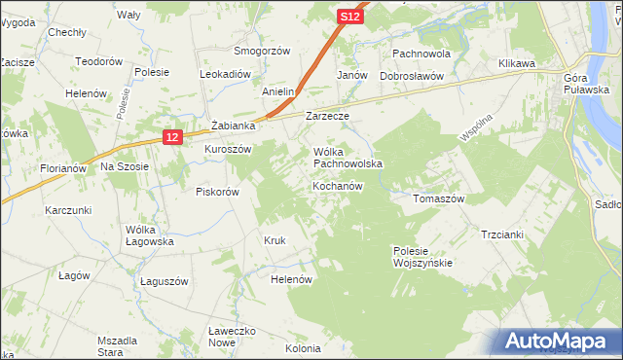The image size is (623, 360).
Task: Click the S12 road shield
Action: [x=350, y=17]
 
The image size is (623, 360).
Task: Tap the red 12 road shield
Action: [x=171, y=138]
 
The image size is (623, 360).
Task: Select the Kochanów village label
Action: [x=338, y=186]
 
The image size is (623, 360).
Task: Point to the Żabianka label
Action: [x=233, y=126]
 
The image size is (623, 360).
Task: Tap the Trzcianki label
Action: [x=502, y=234]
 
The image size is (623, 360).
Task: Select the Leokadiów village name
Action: [x=226, y=74]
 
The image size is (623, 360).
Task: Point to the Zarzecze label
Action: [x=327, y=116]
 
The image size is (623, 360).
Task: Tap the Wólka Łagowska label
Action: [x=149, y=235]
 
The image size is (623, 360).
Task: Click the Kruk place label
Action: [x=274, y=240]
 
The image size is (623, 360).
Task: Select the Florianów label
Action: [x=64, y=168]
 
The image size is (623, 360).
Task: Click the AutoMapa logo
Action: [x=560, y=342]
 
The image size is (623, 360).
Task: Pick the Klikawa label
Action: [x=518, y=63]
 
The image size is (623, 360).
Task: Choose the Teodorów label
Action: [x=99, y=60]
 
